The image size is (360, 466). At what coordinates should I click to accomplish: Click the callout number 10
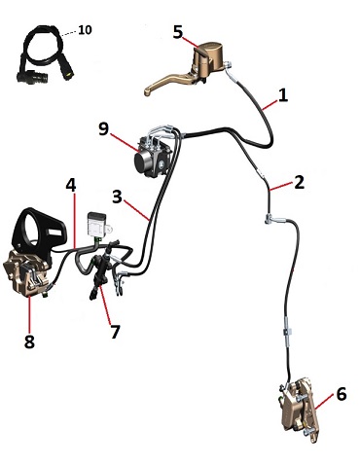coord(85,30)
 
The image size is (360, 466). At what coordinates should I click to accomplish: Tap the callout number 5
coord(178,32)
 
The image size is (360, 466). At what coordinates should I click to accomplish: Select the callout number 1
coord(283,95)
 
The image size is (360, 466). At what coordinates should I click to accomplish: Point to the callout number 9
coord(104,129)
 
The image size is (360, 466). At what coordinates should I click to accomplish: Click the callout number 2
coord(300,182)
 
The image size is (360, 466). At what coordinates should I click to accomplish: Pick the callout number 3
coord(117,197)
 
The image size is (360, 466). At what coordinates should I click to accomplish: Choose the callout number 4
coord(71,185)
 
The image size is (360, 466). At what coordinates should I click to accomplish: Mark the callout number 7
coord(115,332)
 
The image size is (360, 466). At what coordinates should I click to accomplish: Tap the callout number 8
coord(29,341)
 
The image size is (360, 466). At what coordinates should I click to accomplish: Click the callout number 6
coord(342,394)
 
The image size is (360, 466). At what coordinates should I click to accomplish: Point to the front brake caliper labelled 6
coord(299,410)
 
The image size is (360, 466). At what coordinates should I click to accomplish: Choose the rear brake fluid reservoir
coord(96,224)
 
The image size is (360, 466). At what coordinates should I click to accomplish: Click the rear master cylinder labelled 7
coord(101,271)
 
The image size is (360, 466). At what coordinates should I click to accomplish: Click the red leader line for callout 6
coord(324,402)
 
